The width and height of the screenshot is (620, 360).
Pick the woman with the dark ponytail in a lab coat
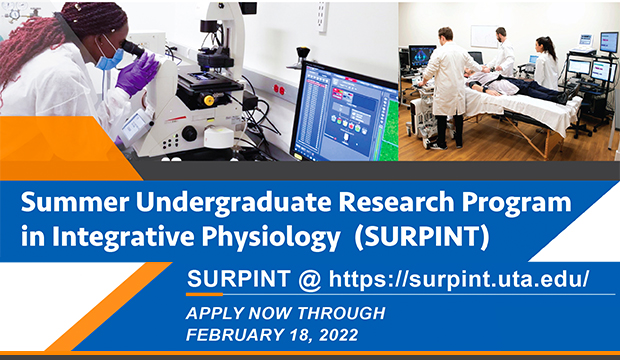pyautogui.click(x=546, y=62)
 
